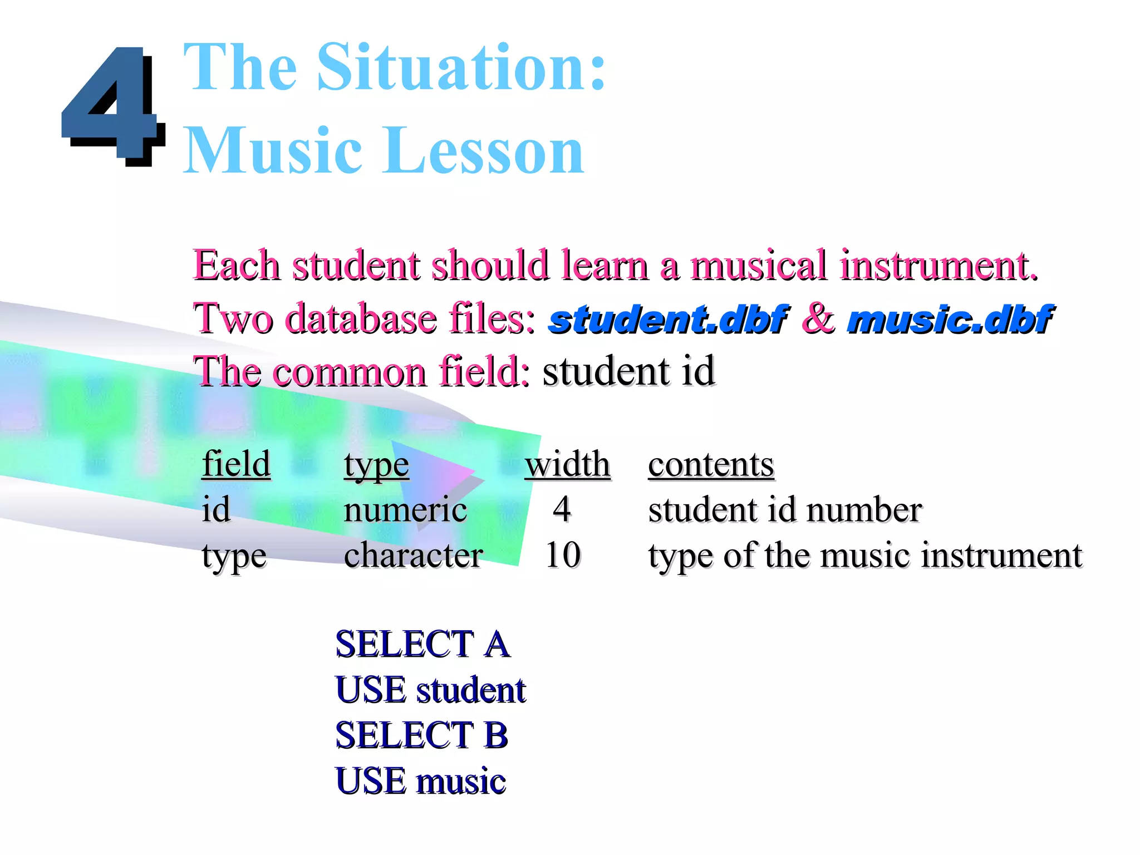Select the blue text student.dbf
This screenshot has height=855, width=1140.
click(x=667, y=320)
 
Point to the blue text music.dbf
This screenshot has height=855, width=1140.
click(x=949, y=320)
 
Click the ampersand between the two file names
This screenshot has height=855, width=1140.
click(x=818, y=318)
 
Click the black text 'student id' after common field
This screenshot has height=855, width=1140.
click(x=628, y=371)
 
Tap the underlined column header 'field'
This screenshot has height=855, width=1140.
click(x=236, y=464)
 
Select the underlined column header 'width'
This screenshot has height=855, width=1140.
click(x=567, y=464)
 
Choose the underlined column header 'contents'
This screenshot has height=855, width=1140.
click(x=711, y=464)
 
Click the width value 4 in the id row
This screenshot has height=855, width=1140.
click(x=562, y=509)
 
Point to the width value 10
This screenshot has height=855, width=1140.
click(x=563, y=555)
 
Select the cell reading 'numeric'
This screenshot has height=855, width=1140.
click(x=405, y=510)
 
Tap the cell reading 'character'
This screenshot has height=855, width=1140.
click(x=414, y=555)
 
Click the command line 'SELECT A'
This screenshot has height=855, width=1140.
click(x=422, y=645)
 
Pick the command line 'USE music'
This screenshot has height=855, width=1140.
click(x=420, y=780)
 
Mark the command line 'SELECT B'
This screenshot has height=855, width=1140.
click(x=421, y=735)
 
